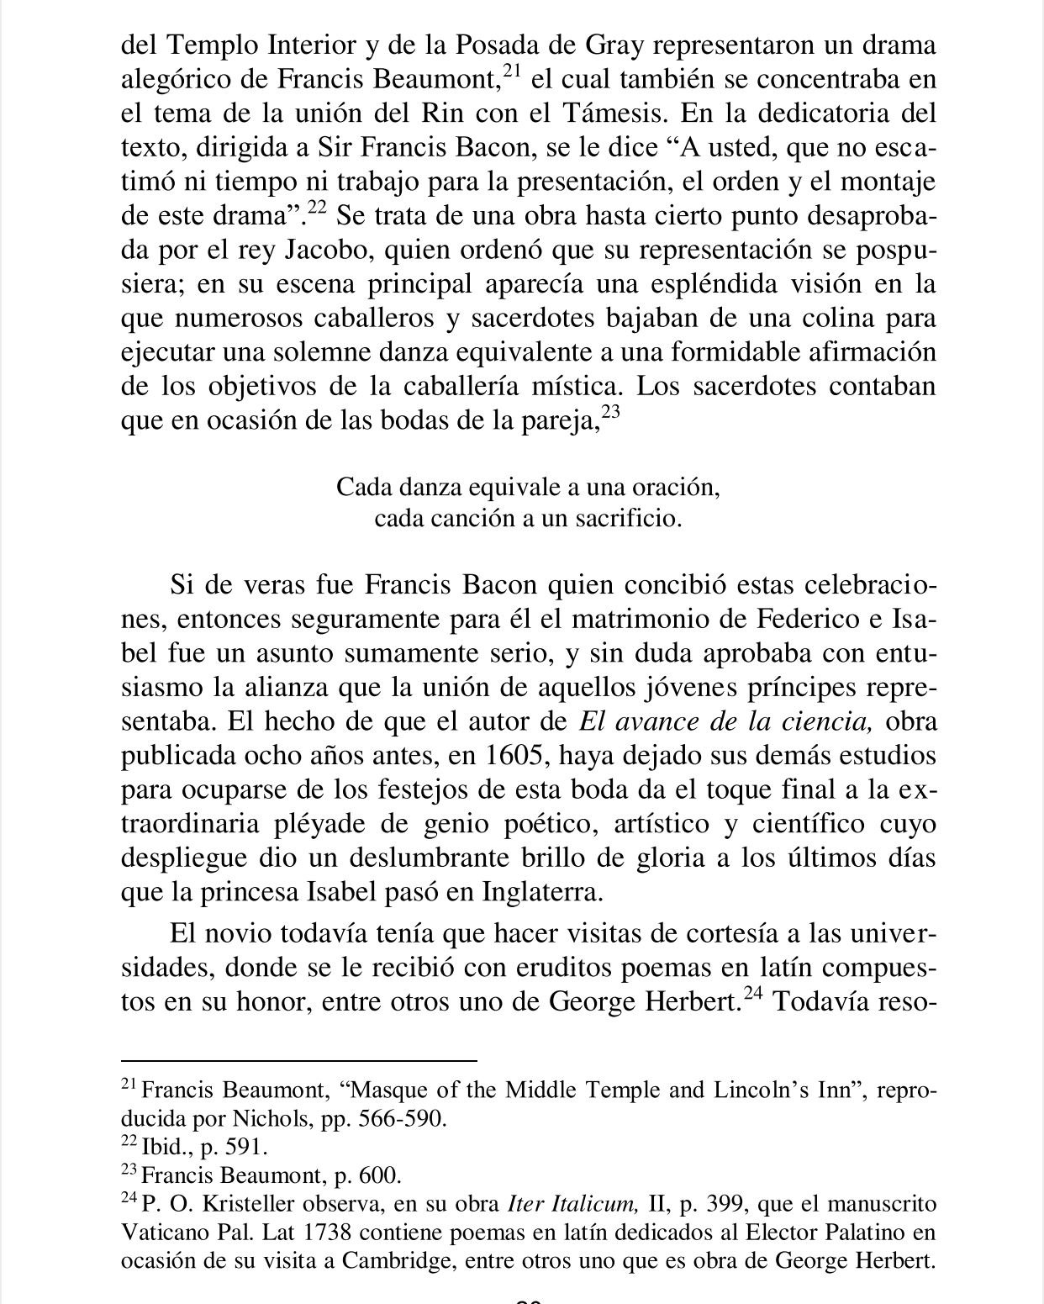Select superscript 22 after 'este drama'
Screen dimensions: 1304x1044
point(316,208)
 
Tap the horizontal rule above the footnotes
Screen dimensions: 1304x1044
point(299,1061)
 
